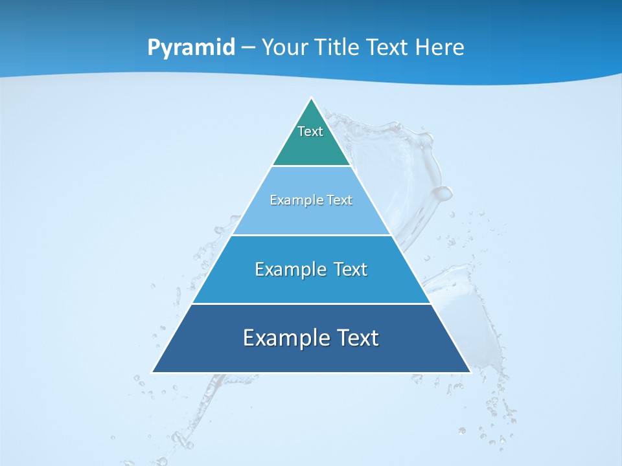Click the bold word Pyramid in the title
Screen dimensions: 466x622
coord(191,48)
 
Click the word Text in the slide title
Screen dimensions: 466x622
coord(389,48)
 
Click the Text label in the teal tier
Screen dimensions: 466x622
coord(310,131)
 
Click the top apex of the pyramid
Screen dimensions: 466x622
coord(311,99)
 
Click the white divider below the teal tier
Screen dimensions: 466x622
coord(311,166)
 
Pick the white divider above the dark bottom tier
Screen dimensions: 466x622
coord(311,304)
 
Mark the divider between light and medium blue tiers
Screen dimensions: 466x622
coord(311,235)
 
